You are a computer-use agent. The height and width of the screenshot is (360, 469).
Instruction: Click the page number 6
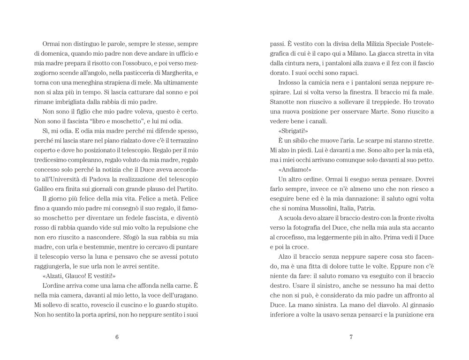coord(117,336)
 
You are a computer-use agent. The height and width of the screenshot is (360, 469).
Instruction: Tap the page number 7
coord(351,336)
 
